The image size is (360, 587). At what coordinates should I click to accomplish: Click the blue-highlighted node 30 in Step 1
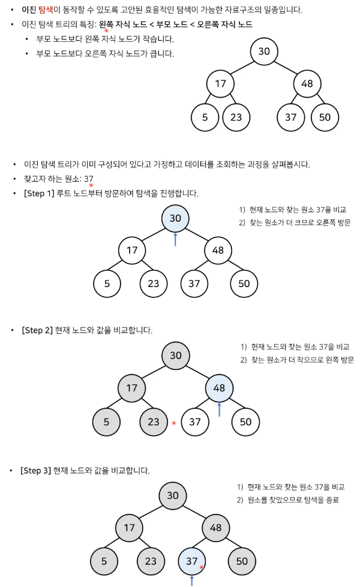(x=175, y=218)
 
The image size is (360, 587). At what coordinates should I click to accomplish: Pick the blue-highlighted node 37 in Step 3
(x=191, y=561)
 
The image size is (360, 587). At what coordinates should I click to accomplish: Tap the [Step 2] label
(x=37, y=330)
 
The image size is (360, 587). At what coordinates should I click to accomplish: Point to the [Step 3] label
(x=35, y=470)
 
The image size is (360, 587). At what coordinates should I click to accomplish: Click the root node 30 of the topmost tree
(x=264, y=52)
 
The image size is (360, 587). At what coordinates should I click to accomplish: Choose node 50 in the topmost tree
(x=325, y=117)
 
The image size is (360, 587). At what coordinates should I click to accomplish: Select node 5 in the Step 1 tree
(x=107, y=284)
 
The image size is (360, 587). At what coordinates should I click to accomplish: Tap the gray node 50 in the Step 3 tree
(x=242, y=561)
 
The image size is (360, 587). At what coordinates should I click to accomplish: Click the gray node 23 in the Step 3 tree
(x=151, y=561)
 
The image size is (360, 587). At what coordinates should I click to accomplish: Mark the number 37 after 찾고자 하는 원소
(x=89, y=179)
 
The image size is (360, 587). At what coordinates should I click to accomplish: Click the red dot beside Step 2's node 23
(x=174, y=423)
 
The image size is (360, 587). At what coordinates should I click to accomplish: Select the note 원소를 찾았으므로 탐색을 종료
(x=293, y=499)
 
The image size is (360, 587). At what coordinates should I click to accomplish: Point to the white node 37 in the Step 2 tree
(x=194, y=422)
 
